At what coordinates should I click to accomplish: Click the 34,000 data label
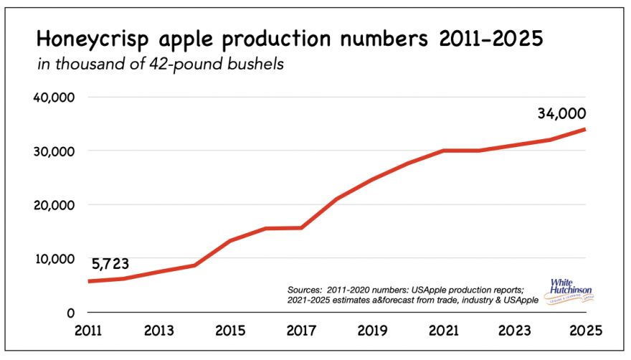click(x=560, y=113)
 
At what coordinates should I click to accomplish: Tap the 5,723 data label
click(x=114, y=263)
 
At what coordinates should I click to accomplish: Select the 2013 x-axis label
click(x=160, y=331)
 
